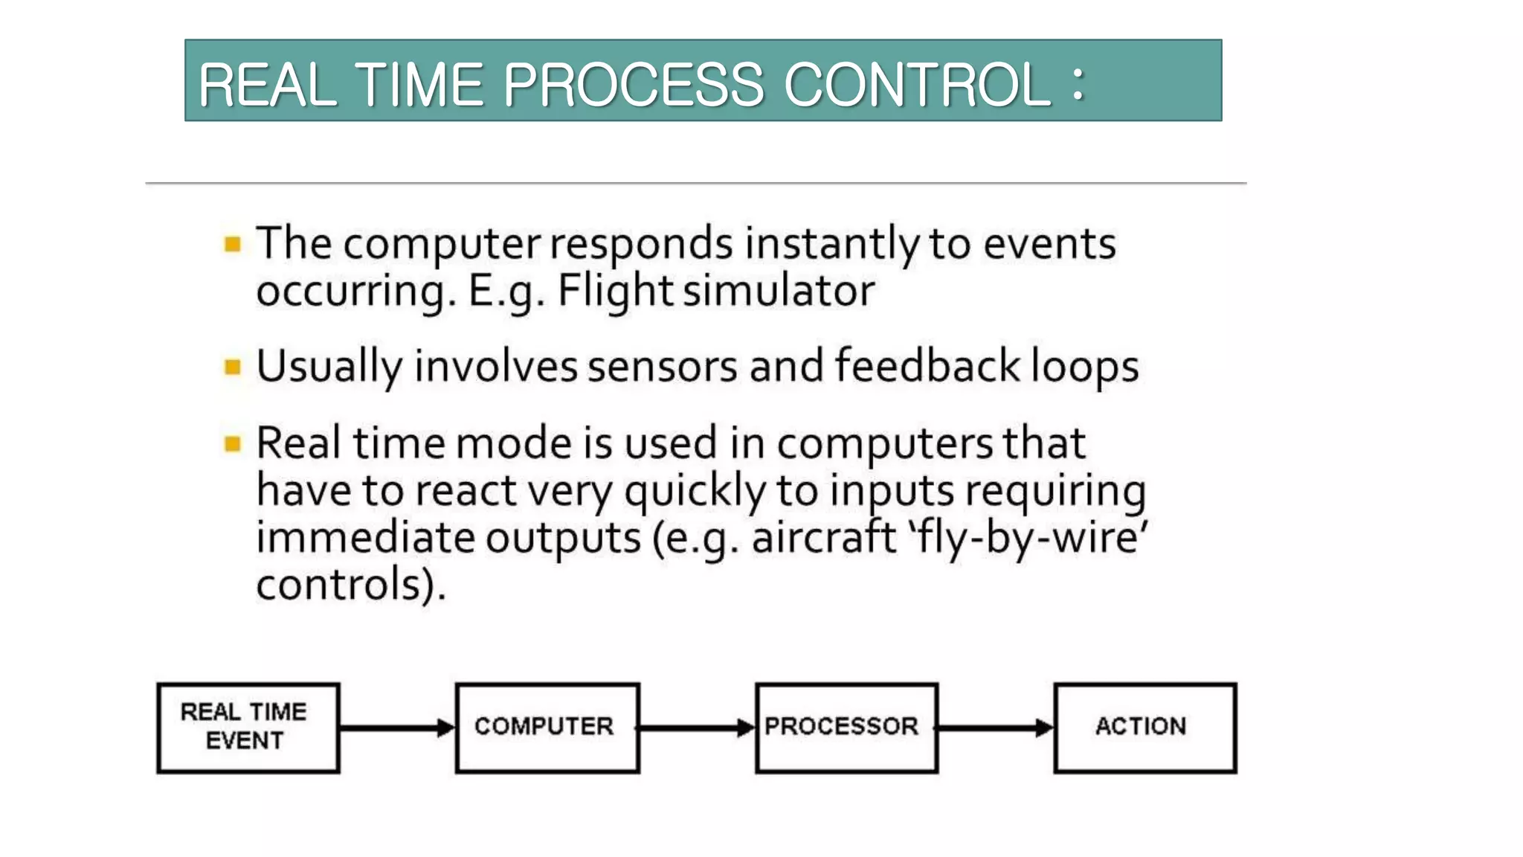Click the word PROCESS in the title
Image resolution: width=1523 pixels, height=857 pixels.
633,84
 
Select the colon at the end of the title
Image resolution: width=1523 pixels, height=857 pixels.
1078,83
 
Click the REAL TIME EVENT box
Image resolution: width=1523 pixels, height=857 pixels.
248,728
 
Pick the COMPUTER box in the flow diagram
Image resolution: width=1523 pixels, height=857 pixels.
547,728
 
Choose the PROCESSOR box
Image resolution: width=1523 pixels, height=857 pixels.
846,728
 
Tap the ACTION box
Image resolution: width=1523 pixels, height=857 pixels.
1145,728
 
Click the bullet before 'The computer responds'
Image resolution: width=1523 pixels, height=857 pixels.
233,244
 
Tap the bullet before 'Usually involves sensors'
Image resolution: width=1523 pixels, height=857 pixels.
233,367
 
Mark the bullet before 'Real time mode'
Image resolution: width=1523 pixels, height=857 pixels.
233,444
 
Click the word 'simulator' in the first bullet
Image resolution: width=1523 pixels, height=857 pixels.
779,291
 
